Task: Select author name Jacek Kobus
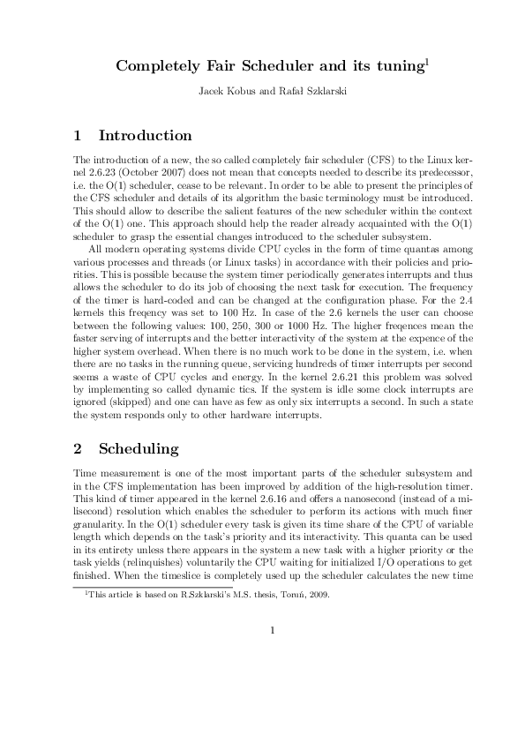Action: [x=226, y=91]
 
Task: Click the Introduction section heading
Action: [x=145, y=136]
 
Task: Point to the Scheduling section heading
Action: [x=138, y=449]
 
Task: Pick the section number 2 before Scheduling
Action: [x=78, y=449]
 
